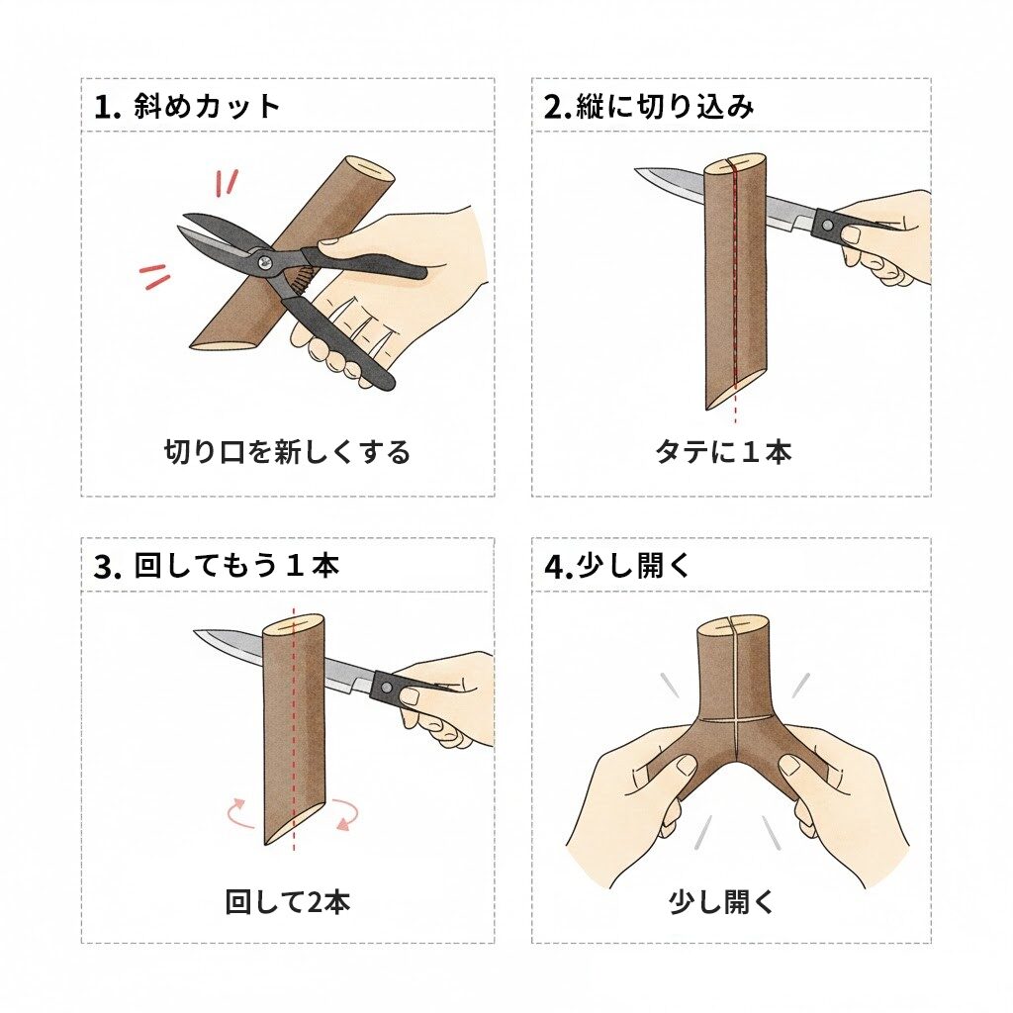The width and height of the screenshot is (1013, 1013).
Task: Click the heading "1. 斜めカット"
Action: point(187,106)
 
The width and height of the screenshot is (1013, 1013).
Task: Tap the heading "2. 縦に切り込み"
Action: point(648,106)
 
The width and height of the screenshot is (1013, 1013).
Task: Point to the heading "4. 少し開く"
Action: point(617,566)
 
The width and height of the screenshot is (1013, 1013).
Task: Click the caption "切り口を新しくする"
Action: point(287,453)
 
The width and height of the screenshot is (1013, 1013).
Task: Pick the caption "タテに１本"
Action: point(723,452)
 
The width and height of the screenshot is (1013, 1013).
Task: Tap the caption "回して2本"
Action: point(288,902)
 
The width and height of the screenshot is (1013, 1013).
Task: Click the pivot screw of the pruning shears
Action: point(266,260)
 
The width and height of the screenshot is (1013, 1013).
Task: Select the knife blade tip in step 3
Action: point(199,632)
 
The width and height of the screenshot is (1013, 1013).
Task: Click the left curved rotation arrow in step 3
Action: point(239,812)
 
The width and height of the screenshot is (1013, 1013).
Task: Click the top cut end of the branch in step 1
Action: point(367,169)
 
